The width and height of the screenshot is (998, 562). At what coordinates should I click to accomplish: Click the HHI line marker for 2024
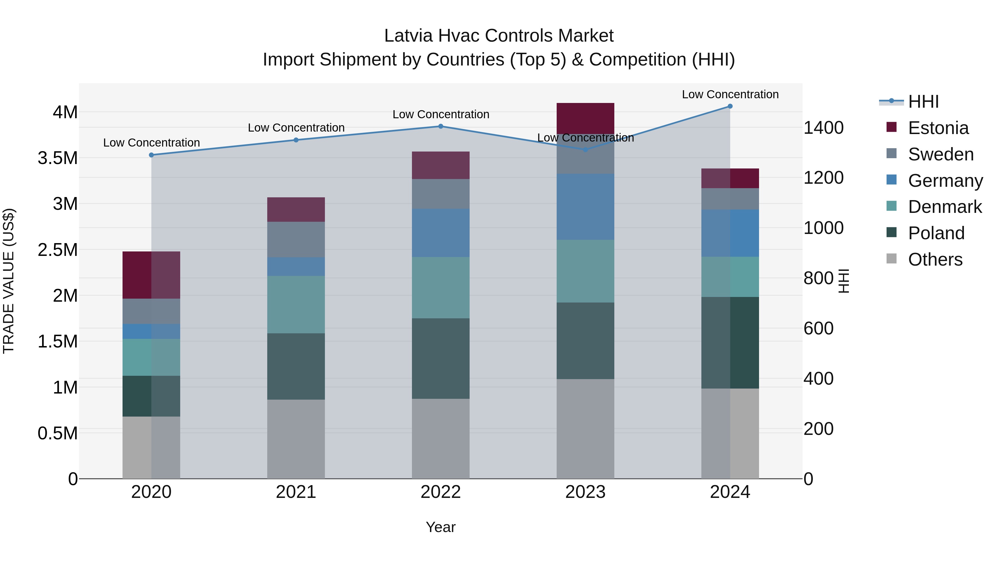point(730,106)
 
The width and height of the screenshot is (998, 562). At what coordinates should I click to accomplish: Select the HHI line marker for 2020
point(151,155)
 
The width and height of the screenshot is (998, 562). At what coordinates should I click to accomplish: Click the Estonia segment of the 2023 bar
point(585,118)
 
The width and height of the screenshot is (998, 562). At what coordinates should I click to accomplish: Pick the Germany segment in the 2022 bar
point(441,233)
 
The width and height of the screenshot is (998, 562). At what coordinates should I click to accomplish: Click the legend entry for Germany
point(945,180)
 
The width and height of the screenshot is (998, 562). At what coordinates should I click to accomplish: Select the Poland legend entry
point(936,233)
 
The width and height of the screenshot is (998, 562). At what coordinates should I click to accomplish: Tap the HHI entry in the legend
point(923,102)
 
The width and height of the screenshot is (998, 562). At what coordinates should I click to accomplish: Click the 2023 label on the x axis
point(585,492)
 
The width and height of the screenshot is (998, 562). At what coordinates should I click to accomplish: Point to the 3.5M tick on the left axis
point(58,158)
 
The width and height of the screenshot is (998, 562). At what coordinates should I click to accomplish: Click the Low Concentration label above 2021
point(296,128)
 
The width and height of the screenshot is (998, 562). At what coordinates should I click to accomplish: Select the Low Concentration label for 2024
point(730,94)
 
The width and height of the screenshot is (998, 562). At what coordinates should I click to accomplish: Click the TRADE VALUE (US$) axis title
point(9,281)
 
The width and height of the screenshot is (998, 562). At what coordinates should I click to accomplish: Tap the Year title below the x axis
point(441,527)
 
